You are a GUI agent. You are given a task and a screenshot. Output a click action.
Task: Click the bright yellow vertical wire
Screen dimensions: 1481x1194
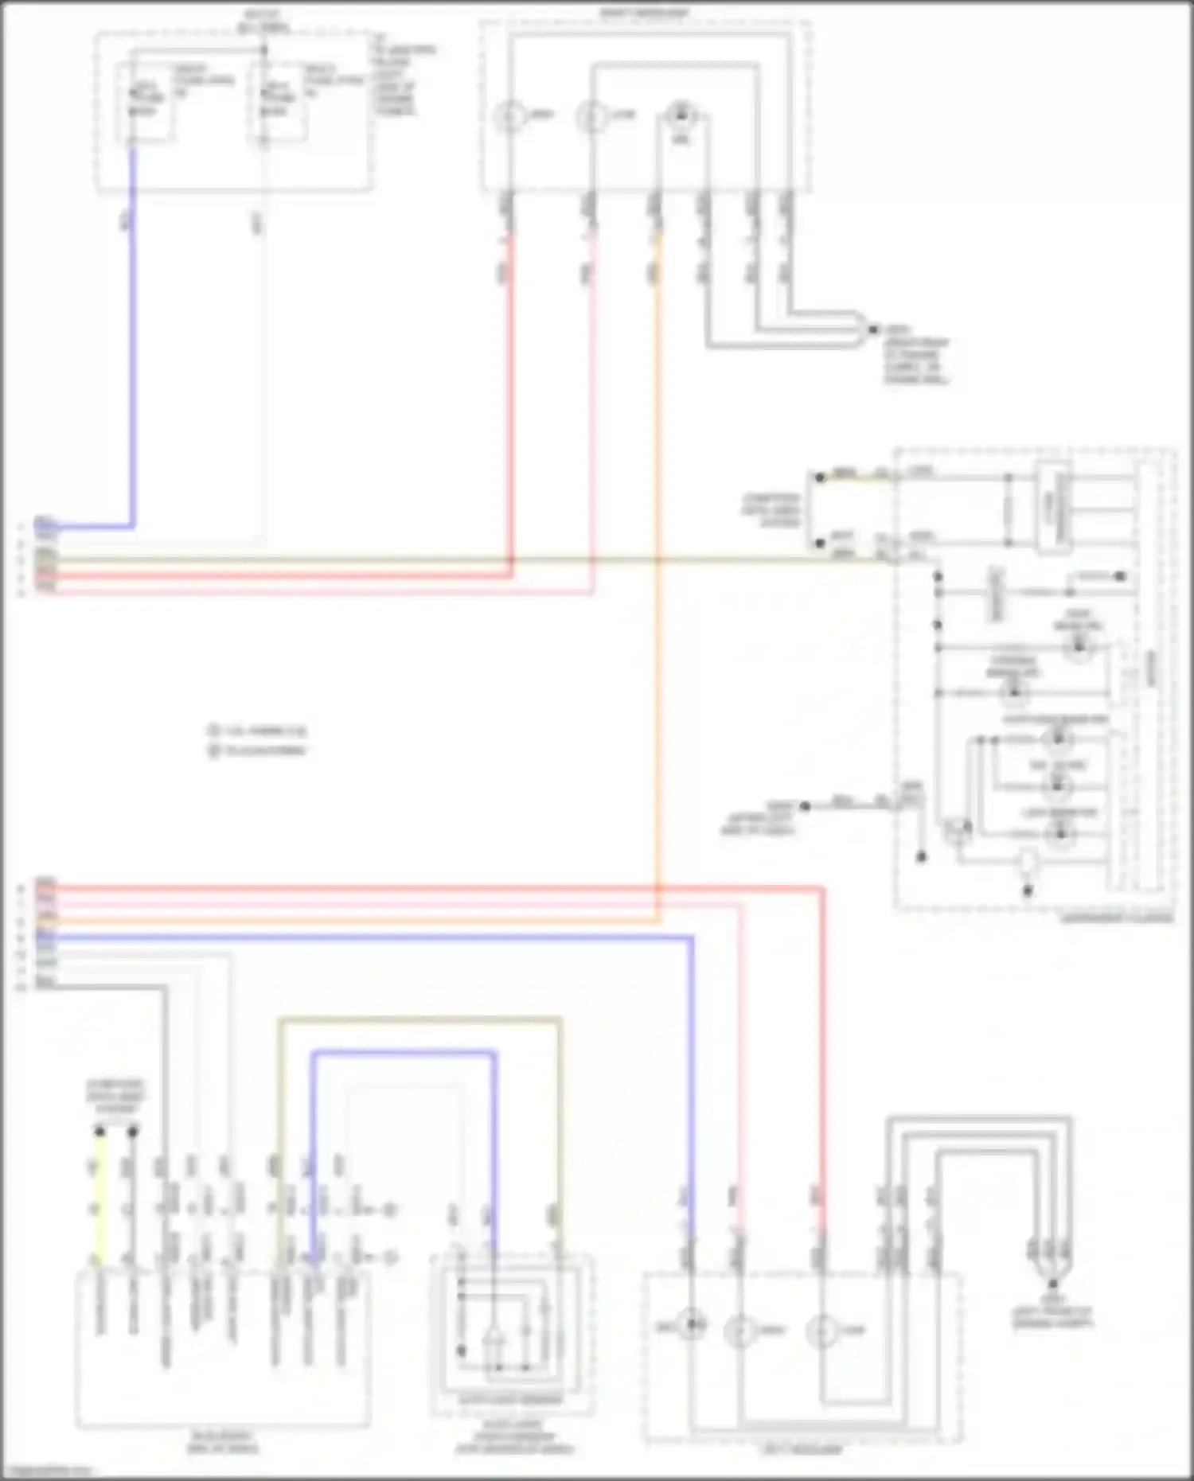pos(99,1194)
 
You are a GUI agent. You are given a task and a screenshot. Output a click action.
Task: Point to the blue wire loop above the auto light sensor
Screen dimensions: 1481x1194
pos(403,1054)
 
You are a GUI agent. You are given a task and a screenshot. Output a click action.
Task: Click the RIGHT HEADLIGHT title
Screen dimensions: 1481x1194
pos(644,13)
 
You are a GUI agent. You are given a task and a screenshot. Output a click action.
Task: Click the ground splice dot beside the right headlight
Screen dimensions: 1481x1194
pos(873,329)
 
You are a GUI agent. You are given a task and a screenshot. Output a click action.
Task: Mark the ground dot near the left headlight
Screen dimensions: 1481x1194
pos(1052,1284)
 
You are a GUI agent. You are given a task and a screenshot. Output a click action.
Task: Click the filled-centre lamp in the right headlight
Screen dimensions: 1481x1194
pos(681,116)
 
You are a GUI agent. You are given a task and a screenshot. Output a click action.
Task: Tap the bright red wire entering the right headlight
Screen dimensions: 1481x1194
pos(510,398)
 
